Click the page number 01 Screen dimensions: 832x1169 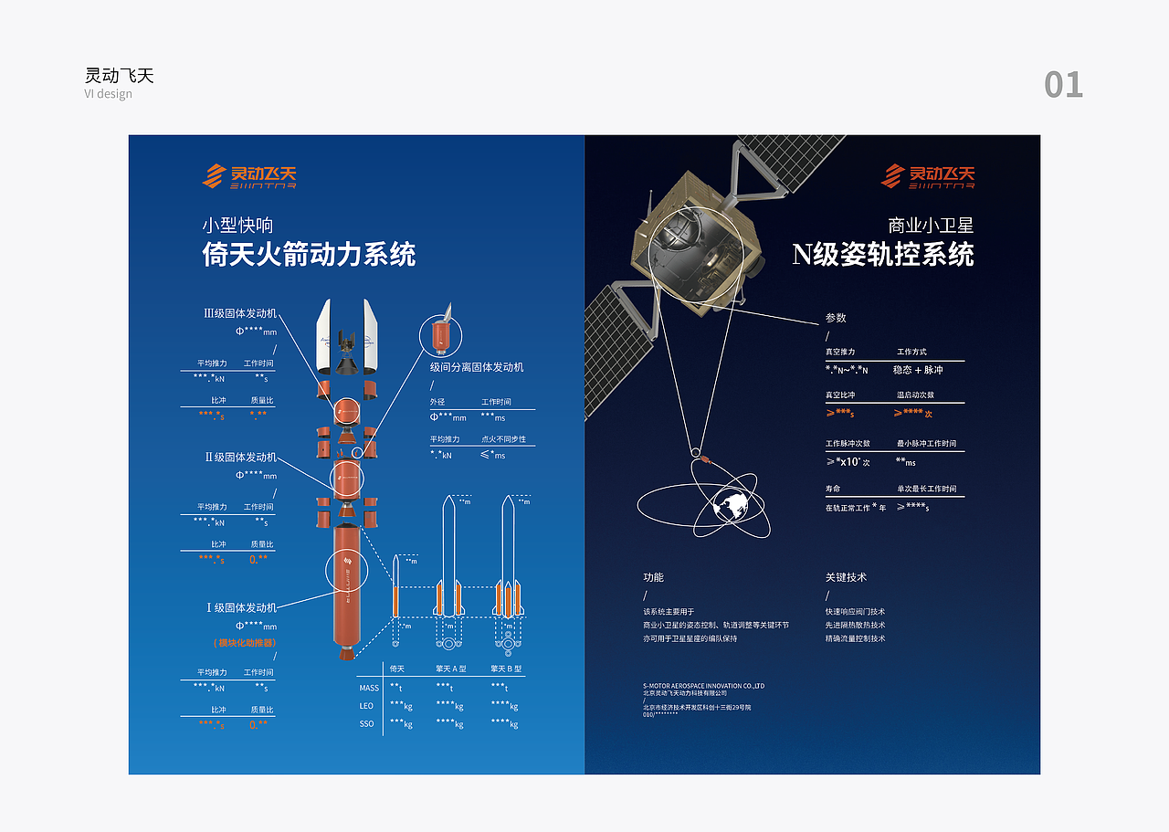coord(1063,85)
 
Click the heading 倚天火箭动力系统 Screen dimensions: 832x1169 coord(309,254)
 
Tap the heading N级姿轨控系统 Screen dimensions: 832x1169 coord(883,254)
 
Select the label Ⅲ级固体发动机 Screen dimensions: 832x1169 coord(239,313)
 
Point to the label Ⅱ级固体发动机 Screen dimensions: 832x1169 coord(240,457)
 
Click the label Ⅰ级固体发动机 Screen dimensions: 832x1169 coord(240,607)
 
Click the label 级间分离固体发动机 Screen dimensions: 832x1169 coord(477,367)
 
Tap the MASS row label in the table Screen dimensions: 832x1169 coord(369,689)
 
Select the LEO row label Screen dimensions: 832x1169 coord(366,706)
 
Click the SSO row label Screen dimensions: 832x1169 coord(366,724)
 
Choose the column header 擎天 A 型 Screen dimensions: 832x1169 coord(450,669)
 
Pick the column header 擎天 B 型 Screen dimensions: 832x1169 coord(506,669)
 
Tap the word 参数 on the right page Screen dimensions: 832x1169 coord(836,318)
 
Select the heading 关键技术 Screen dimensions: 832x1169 coord(846,577)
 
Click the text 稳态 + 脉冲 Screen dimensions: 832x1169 coord(918,370)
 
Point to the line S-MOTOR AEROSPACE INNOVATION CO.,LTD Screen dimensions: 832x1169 coord(703,685)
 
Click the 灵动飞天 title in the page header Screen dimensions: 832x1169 coord(120,76)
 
